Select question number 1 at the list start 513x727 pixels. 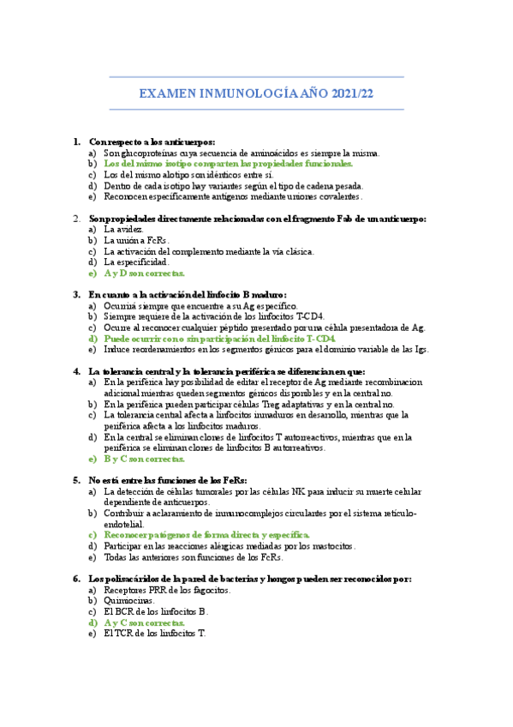click(x=77, y=141)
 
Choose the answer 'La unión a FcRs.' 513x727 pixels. click(x=136, y=241)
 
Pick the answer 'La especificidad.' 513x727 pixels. click(x=136, y=262)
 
